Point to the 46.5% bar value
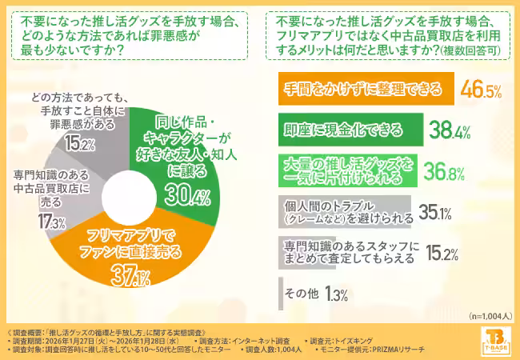coord(481,88)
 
